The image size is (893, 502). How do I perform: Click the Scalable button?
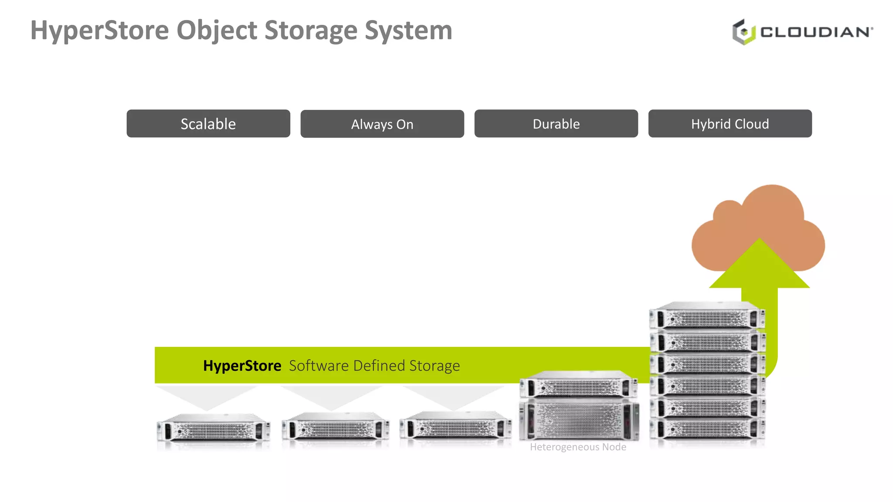(208, 124)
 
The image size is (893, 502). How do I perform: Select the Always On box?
(382, 124)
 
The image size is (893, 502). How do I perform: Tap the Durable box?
(556, 124)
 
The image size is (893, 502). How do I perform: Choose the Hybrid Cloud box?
(730, 124)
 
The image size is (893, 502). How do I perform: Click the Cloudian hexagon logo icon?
(743, 32)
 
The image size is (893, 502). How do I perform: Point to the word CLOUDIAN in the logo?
(816, 32)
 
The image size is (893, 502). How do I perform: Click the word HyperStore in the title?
(99, 31)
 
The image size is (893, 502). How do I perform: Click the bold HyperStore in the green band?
(242, 366)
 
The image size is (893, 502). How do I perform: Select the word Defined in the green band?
(379, 366)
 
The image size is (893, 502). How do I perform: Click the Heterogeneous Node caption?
(578, 447)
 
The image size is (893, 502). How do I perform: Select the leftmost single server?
(213, 429)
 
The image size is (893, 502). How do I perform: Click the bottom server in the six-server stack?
(707, 429)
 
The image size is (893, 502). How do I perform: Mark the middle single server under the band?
(335, 427)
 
